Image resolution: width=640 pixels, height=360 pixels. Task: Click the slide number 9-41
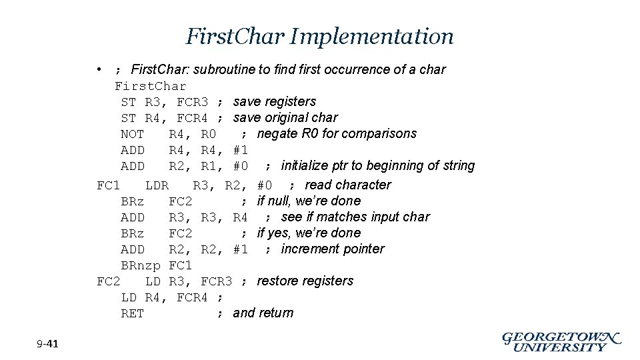(x=48, y=344)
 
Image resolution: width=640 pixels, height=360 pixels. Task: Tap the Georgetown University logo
(x=561, y=341)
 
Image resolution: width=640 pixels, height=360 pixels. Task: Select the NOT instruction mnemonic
(x=132, y=134)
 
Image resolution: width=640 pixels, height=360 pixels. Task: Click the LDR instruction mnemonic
(x=157, y=185)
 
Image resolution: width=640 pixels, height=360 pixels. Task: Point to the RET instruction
(x=132, y=313)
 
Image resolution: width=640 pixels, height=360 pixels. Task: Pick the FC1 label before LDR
(x=108, y=185)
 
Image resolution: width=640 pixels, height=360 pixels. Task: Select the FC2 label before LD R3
(x=108, y=281)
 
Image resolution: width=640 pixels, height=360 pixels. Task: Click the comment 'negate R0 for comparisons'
(x=337, y=133)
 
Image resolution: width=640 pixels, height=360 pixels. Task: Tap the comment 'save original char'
(x=285, y=117)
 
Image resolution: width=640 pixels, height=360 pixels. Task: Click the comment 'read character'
(x=348, y=185)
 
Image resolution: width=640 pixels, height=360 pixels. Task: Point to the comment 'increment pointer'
(x=333, y=249)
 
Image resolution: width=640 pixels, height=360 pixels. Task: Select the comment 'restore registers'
(x=305, y=281)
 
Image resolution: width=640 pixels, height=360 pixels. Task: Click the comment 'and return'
(x=263, y=313)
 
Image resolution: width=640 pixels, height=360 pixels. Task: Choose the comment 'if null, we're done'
(x=309, y=201)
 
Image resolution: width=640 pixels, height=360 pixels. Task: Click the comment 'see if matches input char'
(x=355, y=217)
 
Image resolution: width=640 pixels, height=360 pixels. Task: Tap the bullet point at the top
(x=98, y=69)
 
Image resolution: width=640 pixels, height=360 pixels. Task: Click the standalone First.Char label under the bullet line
(x=151, y=86)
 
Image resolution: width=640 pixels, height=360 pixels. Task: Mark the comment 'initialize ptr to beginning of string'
(x=378, y=165)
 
